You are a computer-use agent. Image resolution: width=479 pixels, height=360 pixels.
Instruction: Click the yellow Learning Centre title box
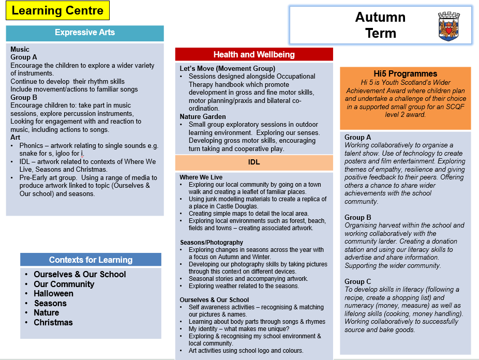57,10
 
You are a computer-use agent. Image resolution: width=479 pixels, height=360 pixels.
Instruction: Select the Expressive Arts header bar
85,33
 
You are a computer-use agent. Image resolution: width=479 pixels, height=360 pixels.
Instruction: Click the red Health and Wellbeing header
254,54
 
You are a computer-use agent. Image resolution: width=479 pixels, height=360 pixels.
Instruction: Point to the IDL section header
254,162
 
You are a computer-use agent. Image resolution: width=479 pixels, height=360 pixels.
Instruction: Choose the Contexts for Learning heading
91,260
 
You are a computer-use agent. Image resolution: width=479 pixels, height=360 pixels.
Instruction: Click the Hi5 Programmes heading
405,73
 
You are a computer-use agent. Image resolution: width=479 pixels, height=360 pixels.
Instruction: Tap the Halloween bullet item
53,293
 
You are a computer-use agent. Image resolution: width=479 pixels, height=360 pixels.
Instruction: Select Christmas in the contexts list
53,322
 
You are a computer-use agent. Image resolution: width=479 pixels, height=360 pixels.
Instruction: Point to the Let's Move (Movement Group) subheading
227,68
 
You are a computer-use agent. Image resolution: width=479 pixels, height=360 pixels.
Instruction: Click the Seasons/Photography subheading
212,242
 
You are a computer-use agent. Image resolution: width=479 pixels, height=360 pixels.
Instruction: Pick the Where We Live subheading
201,177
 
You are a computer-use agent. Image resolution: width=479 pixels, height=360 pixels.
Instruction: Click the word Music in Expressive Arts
20,49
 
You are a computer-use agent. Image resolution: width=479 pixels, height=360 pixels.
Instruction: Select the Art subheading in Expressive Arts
15,137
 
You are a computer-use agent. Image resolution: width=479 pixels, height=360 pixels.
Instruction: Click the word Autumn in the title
380,17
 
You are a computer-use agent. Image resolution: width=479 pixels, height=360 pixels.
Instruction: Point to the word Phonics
31,145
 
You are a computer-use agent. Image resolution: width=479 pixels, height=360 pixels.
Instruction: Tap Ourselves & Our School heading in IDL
214,299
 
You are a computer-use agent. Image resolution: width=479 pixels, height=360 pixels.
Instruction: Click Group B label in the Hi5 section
358,217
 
